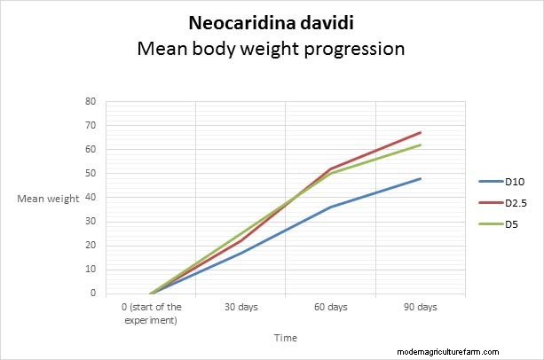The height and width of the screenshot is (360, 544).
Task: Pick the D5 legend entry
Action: coord(511,224)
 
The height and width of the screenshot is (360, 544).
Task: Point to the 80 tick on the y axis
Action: coord(90,101)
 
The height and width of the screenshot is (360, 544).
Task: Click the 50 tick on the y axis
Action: coord(90,173)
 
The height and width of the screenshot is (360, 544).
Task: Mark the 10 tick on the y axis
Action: coord(90,269)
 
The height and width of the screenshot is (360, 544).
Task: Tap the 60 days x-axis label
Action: coord(330,307)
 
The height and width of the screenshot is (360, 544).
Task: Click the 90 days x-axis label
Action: coord(421,307)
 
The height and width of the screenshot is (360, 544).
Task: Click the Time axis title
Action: coord(286,338)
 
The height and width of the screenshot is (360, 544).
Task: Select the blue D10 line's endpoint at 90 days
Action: coord(421,178)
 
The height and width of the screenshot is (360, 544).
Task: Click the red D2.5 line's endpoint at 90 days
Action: coord(421,132)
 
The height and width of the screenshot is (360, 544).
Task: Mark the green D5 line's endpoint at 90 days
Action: coord(421,145)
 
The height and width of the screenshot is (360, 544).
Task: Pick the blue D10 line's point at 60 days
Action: coord(330,207)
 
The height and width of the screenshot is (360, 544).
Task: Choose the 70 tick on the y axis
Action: coord(90,125)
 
